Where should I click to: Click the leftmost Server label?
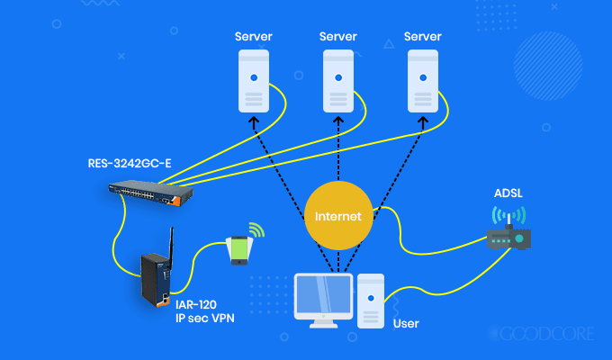pos(254,37)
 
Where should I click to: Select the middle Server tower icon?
pos(338,80)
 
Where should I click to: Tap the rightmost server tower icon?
pos(423,80)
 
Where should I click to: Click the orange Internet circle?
pos(339,216)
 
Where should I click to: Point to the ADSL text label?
pos(508,193)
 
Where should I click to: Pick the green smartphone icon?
pos(238,249)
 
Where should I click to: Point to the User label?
pos(406,321)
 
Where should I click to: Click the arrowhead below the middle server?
pos(338,120)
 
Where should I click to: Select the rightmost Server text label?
pos(423,37)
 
